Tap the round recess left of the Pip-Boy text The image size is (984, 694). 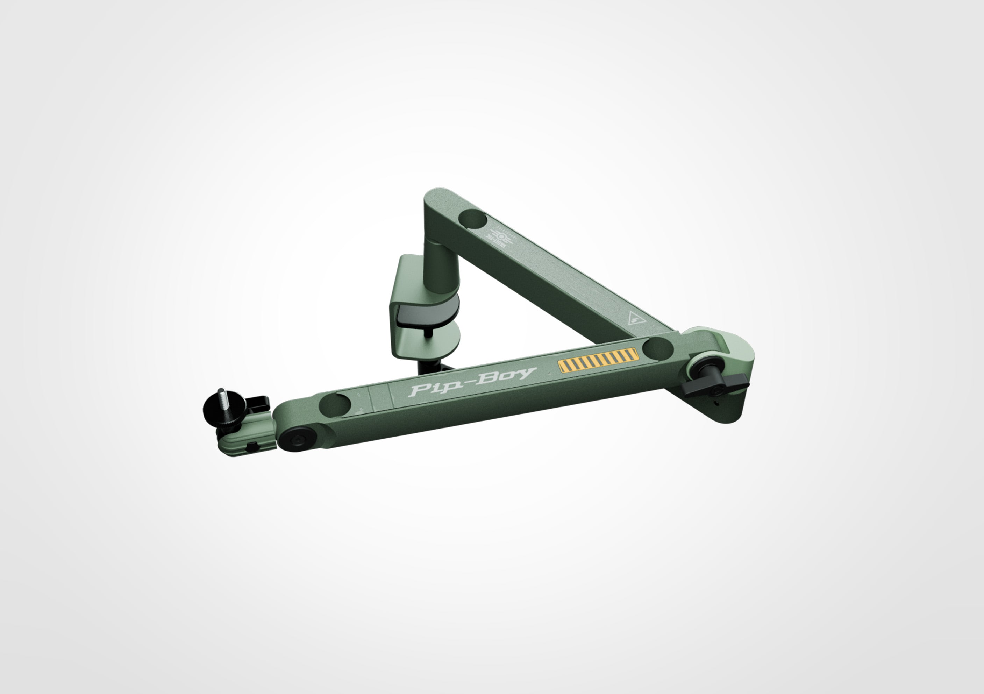tap(335, 403)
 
